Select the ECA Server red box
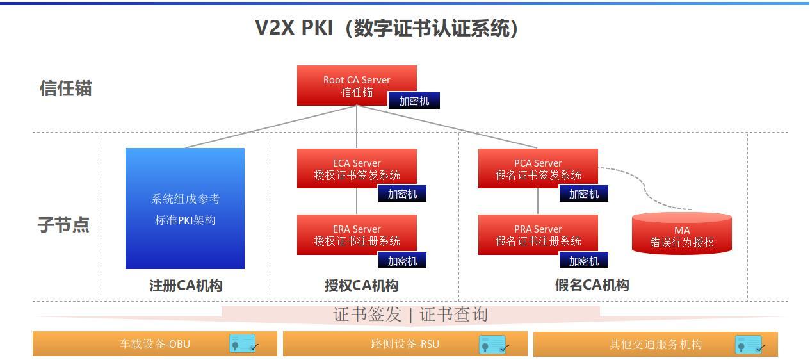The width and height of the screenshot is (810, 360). [357, 168]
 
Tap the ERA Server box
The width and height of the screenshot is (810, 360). [357, 234]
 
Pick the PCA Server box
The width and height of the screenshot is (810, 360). [538, 168]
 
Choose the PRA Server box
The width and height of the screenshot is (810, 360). [538, 234]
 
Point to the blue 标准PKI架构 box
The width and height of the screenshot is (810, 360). [185, 209]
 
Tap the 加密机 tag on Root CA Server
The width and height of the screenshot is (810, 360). [414, 101]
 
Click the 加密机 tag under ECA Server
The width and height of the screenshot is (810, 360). [402, 193]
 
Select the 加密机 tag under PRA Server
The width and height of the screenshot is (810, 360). [584, 261]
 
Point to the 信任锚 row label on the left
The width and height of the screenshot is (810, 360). [65, 88]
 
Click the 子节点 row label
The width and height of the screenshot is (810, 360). [63, 225]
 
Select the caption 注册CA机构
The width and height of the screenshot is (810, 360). [186, 286]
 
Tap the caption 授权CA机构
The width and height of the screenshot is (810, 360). [361, 286]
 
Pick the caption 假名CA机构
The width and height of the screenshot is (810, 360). [592, 286]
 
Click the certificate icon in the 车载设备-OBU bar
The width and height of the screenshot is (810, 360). [243, 344]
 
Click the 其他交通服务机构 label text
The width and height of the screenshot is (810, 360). [655, 345]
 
